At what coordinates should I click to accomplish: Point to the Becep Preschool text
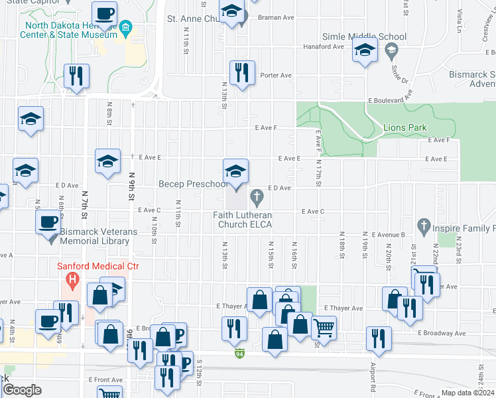(192, 184)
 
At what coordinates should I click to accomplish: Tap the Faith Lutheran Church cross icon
(257, 196)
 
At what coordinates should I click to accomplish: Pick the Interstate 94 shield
(239, 355)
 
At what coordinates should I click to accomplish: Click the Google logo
(22, 390)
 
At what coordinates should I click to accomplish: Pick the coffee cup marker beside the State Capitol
(105, 15)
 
